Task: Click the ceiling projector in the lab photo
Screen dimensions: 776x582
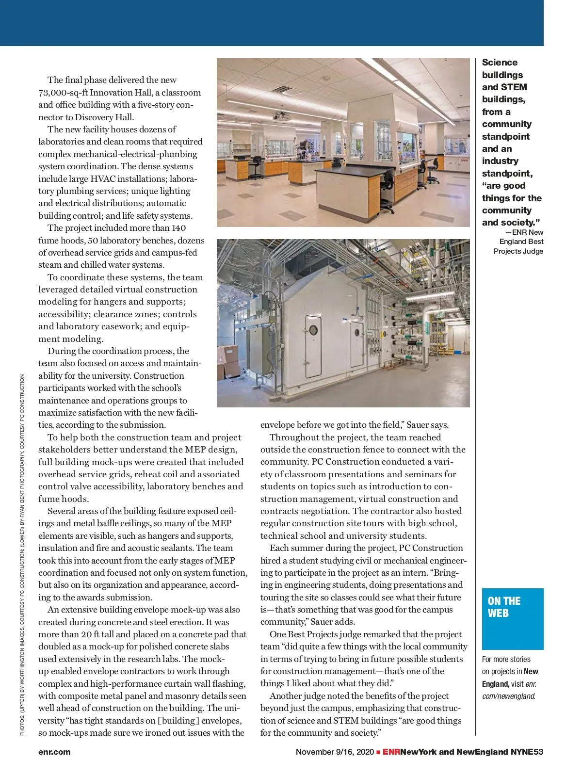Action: click(x=279, y=116)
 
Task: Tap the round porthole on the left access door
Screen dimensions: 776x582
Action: click(x=313, y=330)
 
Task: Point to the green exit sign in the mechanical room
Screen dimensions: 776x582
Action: click(x=440, y=316)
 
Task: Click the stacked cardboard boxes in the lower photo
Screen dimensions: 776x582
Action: click(x=226, y=362)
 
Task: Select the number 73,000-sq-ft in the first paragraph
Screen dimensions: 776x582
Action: click(x=62, y=93)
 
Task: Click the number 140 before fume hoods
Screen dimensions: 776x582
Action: click(x=178, y=228)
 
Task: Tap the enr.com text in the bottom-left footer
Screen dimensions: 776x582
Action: click(x=54, y=752)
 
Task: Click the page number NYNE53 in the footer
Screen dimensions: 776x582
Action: click(x=527, y=752)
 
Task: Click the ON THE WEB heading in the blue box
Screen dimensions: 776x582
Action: click(x=504, y=607)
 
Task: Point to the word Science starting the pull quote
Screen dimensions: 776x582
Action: click(x=500, y=63)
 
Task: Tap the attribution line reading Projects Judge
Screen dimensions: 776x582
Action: click(x=518, y=251)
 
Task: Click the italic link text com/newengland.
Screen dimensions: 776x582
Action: click(x=509, y=696)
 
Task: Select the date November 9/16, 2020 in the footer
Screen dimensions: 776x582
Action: click(x=335, y=752)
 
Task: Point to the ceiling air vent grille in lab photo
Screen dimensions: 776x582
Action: click(x=281, y=89)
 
